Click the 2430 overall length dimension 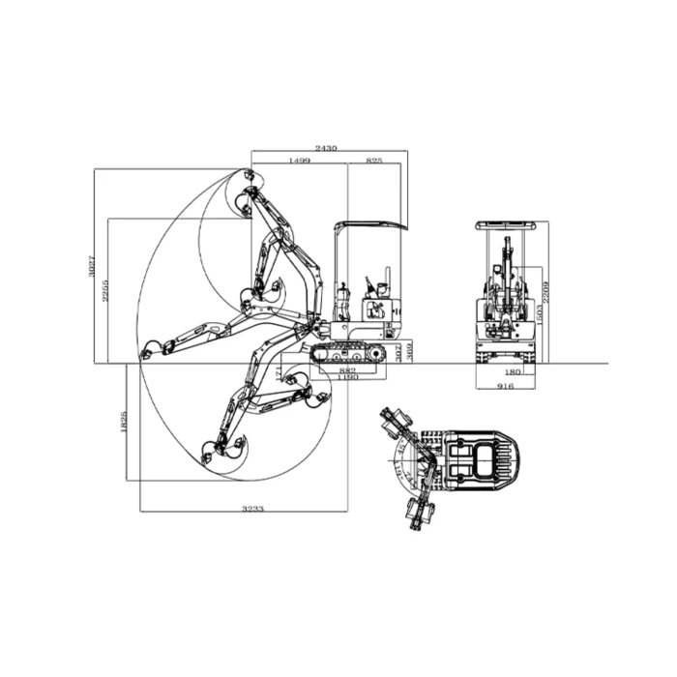(327, 148)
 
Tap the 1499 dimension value (298, 160)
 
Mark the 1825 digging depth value (124, 422)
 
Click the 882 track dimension (348, 369)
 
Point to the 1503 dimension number (538, 311)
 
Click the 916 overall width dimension (506, 385)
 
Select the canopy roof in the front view (505, 225)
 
